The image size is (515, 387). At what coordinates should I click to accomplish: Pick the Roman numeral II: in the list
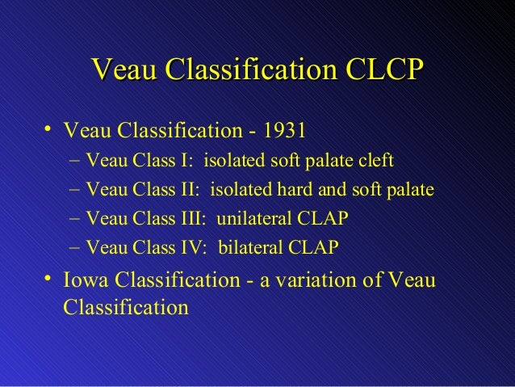click(x=192, y=190)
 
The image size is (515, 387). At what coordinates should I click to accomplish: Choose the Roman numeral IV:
click(x=196, y=248)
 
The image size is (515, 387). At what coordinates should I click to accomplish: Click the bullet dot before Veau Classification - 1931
click(x=49, y=129)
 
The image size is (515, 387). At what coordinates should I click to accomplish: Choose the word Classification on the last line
click(x=124, y=308)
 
